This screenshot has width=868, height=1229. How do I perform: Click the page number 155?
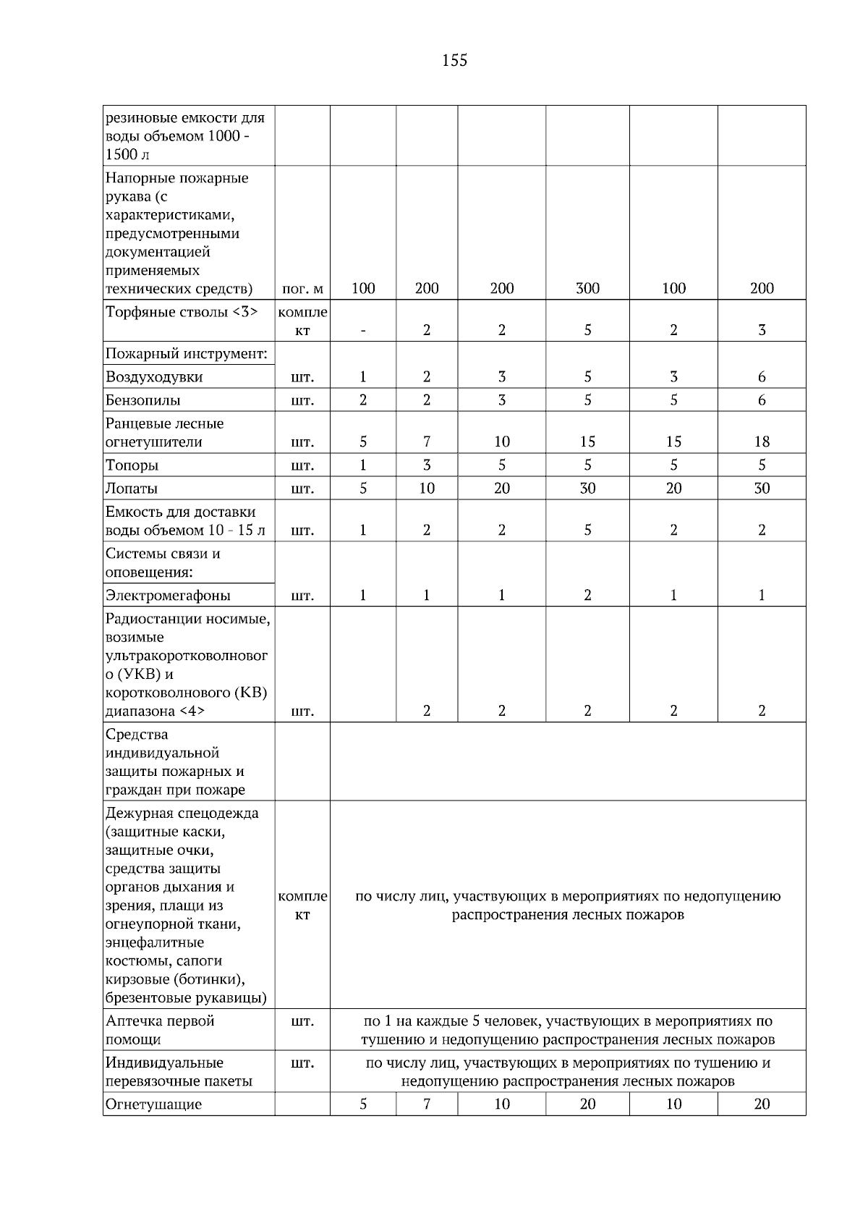point(454,61)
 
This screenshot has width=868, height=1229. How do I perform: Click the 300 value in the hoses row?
point(587,289)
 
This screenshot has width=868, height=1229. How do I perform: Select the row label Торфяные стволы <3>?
point(182,312)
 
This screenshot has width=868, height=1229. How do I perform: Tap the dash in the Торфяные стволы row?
point(363,331)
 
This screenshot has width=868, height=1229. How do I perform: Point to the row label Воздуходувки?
point(154,377)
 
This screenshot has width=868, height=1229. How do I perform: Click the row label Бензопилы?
point(143,400)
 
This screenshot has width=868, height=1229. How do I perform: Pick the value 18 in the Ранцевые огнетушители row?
point(762,442)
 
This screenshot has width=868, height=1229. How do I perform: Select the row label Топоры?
point(132,465)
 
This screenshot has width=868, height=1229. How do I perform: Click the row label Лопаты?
point(132,489)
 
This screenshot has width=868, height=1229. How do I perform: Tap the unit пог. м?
point(302,290)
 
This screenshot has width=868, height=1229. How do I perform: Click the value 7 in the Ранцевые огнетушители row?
point(427,442)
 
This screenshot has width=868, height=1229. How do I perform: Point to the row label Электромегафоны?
point(168,596)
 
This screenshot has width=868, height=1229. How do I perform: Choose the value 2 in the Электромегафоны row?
point(587,596)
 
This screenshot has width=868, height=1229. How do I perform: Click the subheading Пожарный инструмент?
point(187,354)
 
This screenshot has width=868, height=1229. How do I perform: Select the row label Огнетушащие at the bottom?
point(153,1105)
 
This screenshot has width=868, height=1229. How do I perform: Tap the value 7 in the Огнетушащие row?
point(427,1105)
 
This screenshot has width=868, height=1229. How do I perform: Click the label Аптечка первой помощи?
point(160,1030)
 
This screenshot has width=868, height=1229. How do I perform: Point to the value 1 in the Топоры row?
point(363,465)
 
